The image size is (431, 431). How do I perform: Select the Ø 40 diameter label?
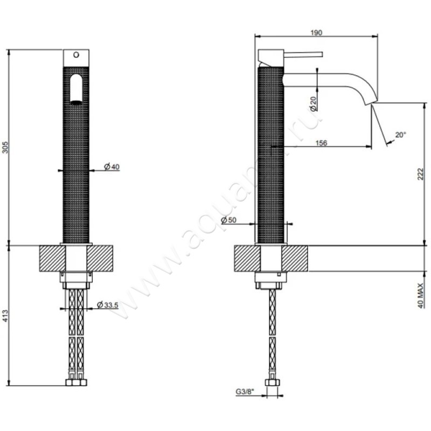(112, 167)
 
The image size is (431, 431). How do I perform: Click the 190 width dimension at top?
(316, 32)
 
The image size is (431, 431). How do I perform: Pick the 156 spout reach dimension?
(321, 143)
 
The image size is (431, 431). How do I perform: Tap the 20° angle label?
(400, 135)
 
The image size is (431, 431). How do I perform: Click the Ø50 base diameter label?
(229, 220)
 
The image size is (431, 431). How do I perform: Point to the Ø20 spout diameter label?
(313, 100)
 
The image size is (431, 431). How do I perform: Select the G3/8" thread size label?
(245, 392)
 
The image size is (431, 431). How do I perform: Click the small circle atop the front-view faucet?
(76, 55)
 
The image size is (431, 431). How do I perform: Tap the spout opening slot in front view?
(77, 89)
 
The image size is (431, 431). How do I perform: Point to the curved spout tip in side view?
(371, 99)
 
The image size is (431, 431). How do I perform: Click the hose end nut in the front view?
(75, 383)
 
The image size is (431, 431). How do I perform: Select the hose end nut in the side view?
(273, 383)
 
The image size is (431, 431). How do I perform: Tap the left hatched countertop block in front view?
(51, 259)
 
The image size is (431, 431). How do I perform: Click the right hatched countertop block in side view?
(296, 259)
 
